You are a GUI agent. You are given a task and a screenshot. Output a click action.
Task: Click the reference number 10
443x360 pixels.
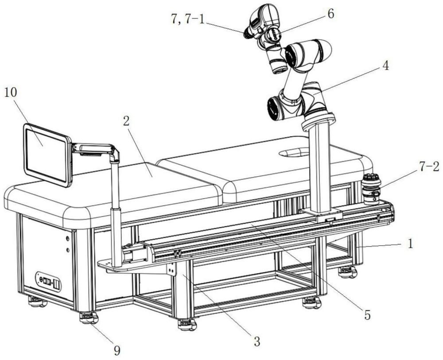click(12, 94)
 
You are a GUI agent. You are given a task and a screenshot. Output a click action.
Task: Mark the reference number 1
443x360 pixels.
click(412, 244)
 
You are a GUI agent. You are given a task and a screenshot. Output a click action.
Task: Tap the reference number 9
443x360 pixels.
click(117, 350)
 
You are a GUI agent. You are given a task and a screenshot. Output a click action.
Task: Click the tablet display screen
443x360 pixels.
click(46, 154)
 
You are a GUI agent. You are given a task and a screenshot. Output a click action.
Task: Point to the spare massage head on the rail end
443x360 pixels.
click(371, 189)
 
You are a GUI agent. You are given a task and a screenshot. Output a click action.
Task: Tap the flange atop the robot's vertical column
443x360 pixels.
click(319, 120)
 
